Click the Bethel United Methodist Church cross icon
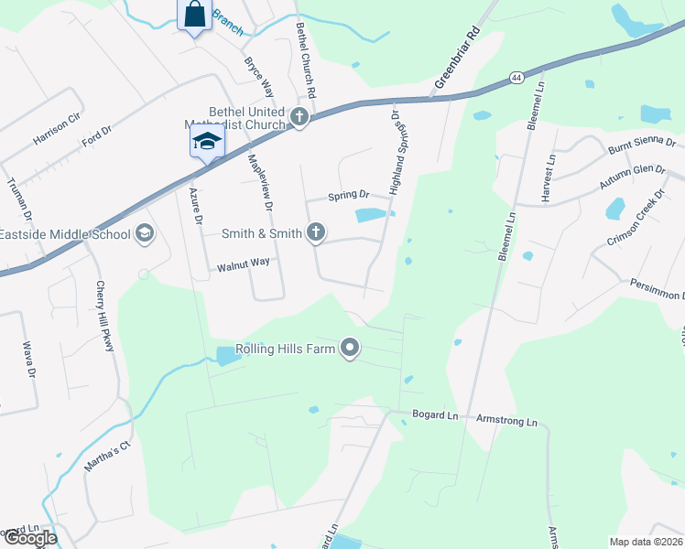299,117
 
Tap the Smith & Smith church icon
316,232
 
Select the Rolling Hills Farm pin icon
349,348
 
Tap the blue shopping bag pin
194,16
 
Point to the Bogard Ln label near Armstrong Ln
434,415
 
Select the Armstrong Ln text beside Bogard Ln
506,421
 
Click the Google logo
29,538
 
